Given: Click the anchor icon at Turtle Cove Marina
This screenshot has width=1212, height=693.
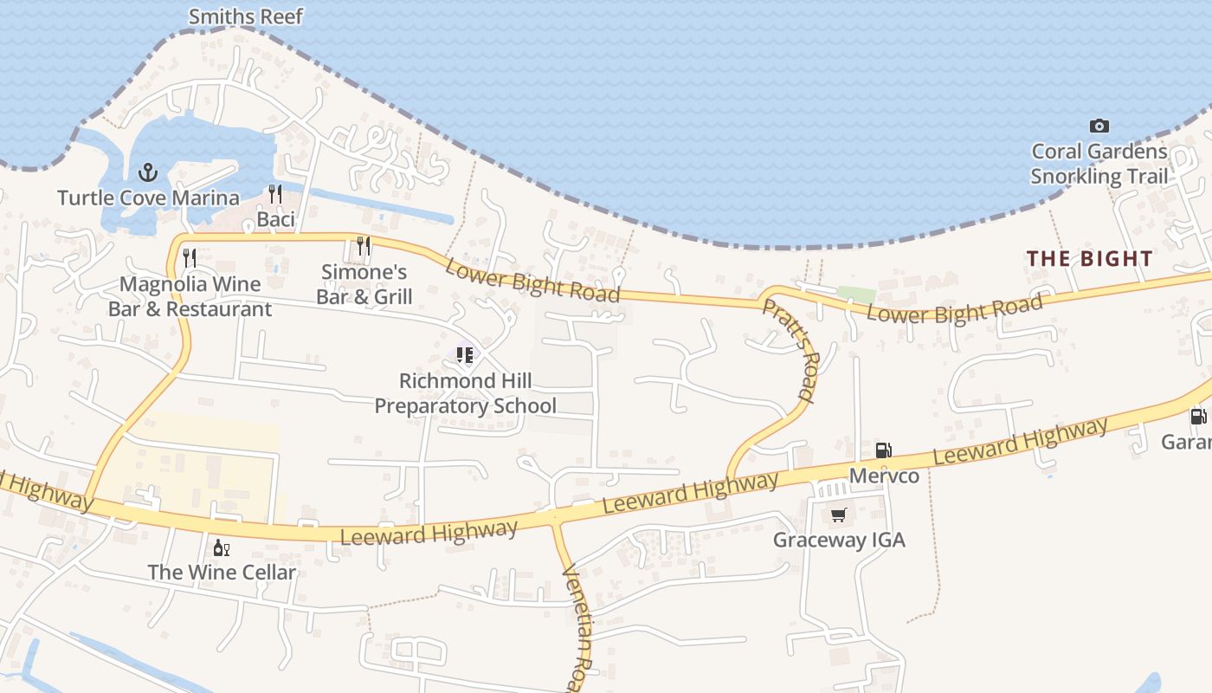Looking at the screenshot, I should click(148, 172).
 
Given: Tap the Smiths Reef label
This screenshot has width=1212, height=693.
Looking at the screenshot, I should click(246, 16).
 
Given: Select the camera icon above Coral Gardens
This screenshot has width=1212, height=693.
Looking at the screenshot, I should click(1099, 126).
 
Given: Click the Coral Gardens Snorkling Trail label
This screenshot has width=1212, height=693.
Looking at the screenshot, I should click(1099, 165).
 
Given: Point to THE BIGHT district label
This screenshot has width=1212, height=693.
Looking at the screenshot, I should click(1089, 258).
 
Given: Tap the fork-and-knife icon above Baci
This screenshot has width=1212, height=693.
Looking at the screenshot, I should click(275, 193).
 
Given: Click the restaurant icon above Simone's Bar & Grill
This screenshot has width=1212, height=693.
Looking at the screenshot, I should click(364, 246).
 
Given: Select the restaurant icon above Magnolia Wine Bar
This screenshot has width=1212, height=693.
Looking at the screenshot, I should click(190, 257).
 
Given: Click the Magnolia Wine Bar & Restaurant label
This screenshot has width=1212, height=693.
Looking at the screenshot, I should click(190, 296).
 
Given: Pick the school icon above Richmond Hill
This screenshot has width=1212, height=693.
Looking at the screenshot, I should click(465, 354).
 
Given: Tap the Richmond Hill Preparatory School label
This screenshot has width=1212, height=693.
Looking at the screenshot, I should click(465, 393).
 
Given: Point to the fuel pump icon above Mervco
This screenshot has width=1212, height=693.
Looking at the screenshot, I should click(884, 450).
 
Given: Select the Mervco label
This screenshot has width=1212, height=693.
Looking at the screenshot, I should click(884, 476).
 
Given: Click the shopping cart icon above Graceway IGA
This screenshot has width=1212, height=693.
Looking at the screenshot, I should click(838, 515).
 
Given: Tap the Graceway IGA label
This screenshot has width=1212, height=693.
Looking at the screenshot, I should click(838, 541).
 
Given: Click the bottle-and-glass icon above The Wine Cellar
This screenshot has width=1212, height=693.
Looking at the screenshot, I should click(221, 547).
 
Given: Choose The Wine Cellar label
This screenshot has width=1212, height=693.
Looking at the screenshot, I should click(221, 573).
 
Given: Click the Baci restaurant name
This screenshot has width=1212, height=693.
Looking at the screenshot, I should click(275, 220).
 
